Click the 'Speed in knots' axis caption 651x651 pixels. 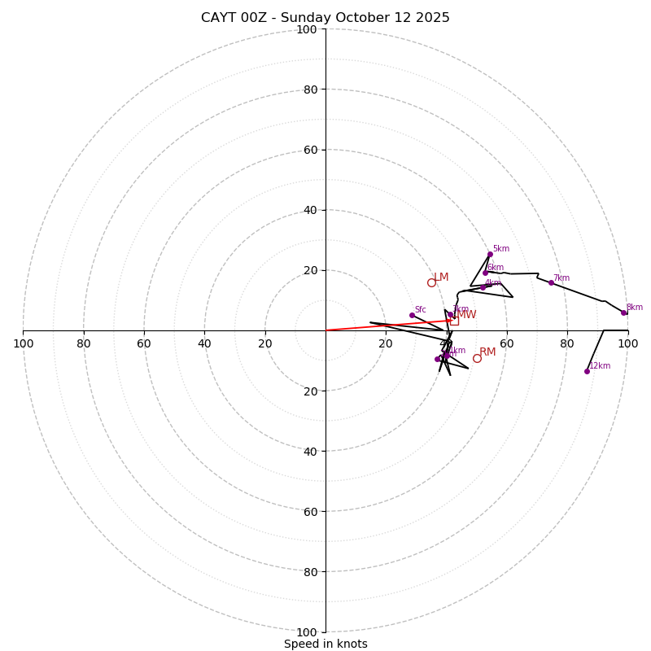[325, 644]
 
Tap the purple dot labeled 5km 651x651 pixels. [490, 254]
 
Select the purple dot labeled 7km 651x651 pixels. [551, 282]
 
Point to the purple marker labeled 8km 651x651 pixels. [624, 312]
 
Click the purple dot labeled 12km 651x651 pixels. [587, 371]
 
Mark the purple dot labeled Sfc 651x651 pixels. [412, 315]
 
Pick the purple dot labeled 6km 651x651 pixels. [485, 273]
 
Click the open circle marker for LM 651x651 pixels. [431, 282]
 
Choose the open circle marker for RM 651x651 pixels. [477, 358]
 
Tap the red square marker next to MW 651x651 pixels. [454, 321]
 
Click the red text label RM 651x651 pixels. [487, 352]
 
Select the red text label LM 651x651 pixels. [441, 277]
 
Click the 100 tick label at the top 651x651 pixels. [307, 29]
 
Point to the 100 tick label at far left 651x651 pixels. [23, 343]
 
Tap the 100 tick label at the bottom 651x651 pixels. [307, 632]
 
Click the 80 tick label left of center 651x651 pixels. [84, 343]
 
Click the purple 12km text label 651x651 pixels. [600, 366]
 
